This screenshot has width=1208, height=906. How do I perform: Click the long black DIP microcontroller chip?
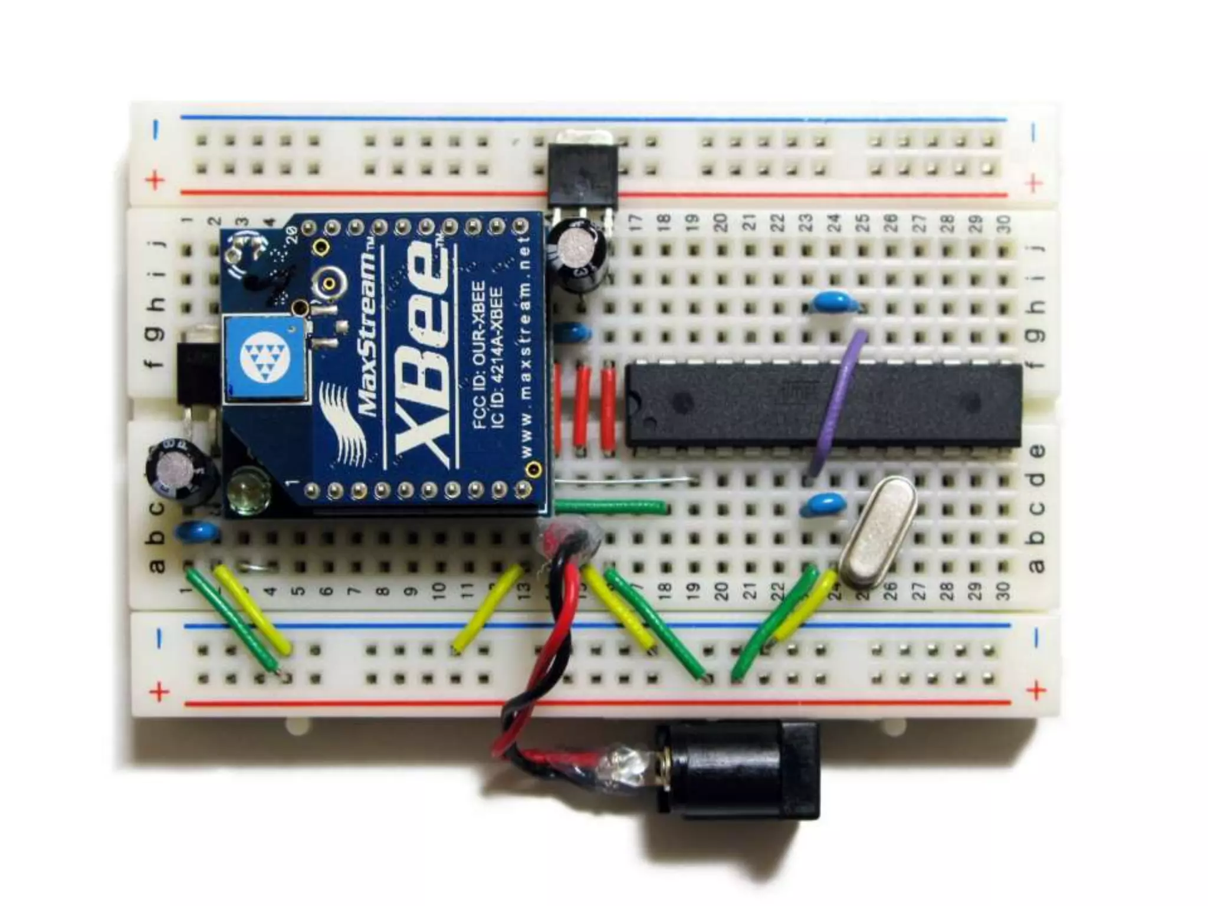(x=823, y=404)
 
